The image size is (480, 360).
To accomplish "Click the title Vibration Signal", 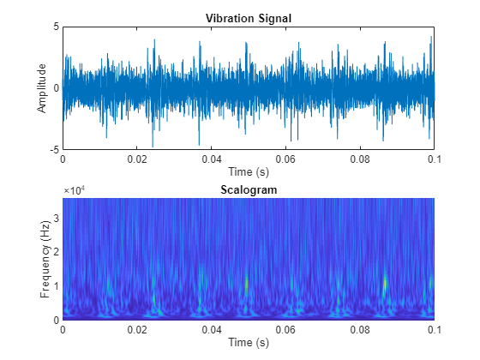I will point(248,19).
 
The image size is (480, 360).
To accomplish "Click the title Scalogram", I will point(248,190).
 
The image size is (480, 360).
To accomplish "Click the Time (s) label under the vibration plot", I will point(248,171).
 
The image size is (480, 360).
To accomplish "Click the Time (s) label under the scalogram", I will point(248,342).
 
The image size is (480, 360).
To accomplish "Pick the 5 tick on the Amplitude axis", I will point(57,27).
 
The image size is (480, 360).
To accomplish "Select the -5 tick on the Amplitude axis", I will point(55,149).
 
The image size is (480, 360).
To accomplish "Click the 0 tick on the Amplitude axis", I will point(57,87).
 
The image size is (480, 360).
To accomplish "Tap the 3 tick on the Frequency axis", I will point(57,218).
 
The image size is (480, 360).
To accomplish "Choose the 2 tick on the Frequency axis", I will point(57,251).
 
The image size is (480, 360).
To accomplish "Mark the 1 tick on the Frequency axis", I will point(57,285).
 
